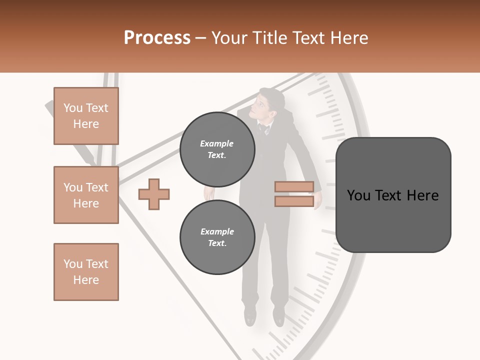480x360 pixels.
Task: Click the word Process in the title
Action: [157, 38]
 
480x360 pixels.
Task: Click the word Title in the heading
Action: [270, 38]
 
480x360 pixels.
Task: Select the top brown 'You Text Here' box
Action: [86, 116]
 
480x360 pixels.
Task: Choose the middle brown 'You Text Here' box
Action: [86, 195]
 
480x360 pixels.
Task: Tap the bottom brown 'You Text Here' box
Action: [86, 272]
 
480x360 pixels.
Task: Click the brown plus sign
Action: [154, 194]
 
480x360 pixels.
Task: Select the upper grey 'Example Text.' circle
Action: [217, 149]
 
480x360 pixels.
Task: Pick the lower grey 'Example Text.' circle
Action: [217, 237]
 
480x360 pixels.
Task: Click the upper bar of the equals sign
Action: [294, 186]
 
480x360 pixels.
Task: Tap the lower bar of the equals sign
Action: [294, 201]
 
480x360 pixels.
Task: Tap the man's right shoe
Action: [250, 316]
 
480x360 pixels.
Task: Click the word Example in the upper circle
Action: [217, 143]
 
